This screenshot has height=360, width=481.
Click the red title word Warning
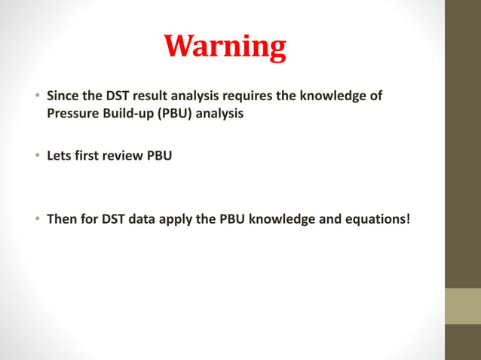225,47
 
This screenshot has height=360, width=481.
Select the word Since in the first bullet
63,96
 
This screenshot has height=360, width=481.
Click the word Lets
59,157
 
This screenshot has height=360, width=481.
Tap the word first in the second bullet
87,157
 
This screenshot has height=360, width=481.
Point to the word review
124,157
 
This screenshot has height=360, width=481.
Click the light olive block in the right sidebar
463,306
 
